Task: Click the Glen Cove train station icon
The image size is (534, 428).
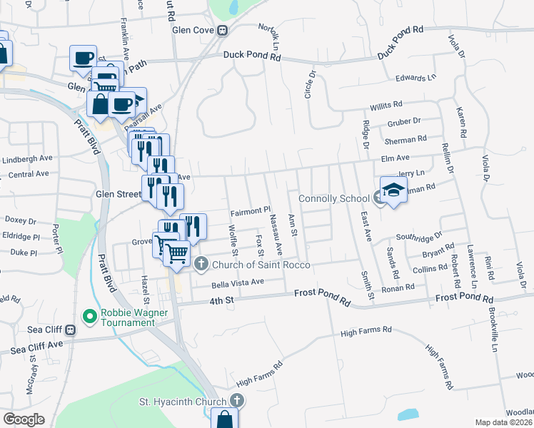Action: [x=223, y=31]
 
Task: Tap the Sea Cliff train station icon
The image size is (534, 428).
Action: [x=70, y=330]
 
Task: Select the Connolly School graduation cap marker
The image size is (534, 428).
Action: [x=393, y=190]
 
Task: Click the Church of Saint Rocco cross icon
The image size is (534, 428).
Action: [x=201, y=265]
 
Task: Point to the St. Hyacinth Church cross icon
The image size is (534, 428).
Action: [x=236, y=402]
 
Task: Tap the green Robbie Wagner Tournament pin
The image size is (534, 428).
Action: [x=89, y=315]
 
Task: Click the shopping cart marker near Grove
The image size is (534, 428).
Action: [x=177, y=253]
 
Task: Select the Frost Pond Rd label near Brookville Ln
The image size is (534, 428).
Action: [x=464, y=297]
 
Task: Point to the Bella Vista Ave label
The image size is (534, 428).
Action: [x=237, y=282]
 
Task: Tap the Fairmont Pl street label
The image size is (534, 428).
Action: [x=251, y=211]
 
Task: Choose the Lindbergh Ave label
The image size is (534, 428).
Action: [x=26, y=160]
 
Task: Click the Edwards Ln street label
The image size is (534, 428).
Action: [x=415, y=78]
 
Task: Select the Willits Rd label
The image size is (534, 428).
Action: [x=386, y=107]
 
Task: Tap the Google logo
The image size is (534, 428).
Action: [x=24, y=419]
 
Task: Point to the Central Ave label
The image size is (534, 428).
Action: [x=29, y=173]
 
